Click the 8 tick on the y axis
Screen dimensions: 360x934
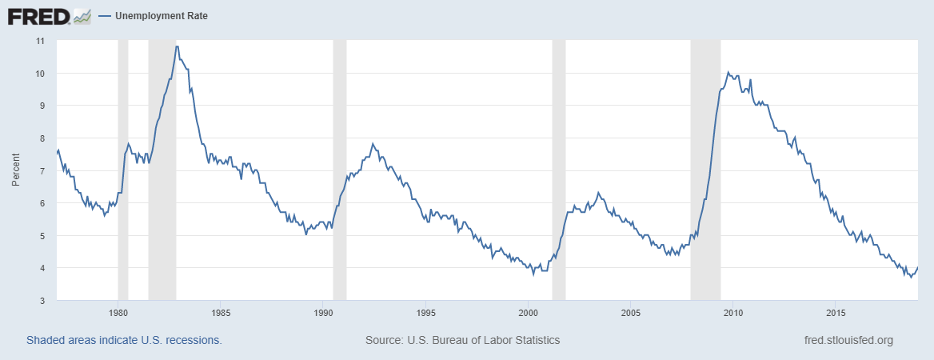click(x=42, y=138)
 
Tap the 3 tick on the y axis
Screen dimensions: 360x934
click(x=42, y=300)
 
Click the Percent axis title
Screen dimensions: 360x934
click(x=16, y=170)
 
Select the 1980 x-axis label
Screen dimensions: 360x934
click(x=118, y=312)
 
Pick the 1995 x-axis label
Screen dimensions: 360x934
click(x=426, y=312)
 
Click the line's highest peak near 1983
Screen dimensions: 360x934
click(x=176, y=46)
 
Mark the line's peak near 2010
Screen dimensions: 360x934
click(x=728, y=72)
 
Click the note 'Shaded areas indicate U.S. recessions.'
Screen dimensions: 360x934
click(x=124, y=340)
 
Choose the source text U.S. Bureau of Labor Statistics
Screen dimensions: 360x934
click(x=462, y=340)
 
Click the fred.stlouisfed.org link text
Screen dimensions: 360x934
click(x=848, y=340)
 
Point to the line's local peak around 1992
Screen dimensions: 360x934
click(x=373, y=143)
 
